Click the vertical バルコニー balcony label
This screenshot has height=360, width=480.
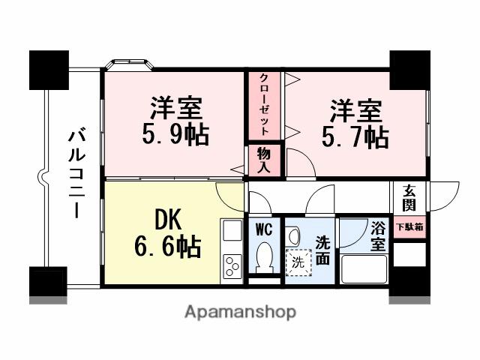coord(76,174)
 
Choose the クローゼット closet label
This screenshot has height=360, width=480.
coord(265,106)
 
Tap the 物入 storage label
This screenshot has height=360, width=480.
coord(265,160)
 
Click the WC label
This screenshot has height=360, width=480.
coord(264,227)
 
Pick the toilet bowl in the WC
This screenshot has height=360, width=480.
coord(264,257)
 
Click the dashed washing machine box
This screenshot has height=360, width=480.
coord(298,262)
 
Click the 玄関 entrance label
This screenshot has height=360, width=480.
coord(409,196)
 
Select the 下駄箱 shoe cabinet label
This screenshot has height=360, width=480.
coord(409,225)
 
